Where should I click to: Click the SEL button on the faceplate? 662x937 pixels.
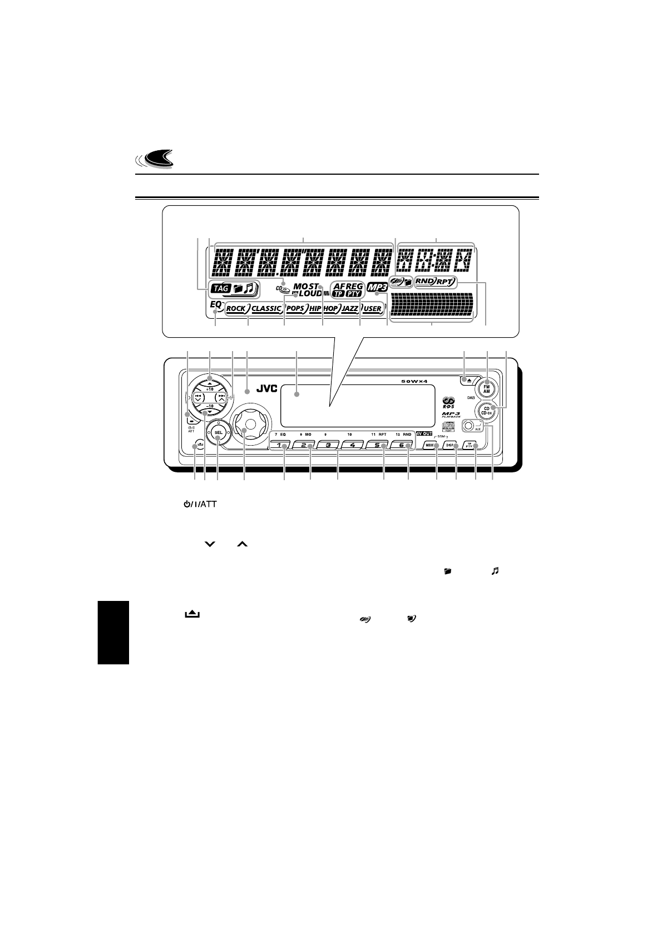point(219,432)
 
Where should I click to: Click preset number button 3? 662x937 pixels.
point(328,445)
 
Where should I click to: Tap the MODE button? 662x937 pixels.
point(431,445)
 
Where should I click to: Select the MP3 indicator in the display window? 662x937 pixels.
point(377,289)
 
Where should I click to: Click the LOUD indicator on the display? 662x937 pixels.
point(310,294)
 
